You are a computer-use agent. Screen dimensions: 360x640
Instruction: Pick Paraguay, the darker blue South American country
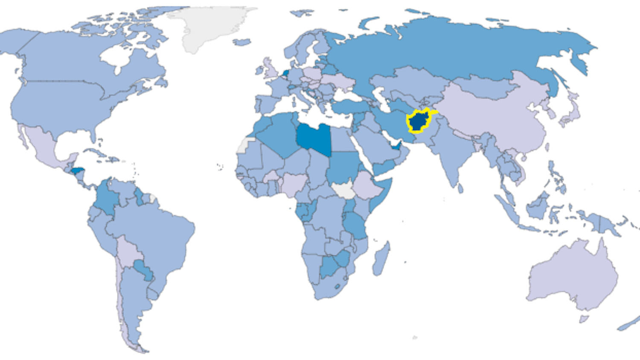pos(143,270)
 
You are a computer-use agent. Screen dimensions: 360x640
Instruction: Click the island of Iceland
pos(242,42)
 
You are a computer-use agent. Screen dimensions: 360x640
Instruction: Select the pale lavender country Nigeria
pos(294,183)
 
